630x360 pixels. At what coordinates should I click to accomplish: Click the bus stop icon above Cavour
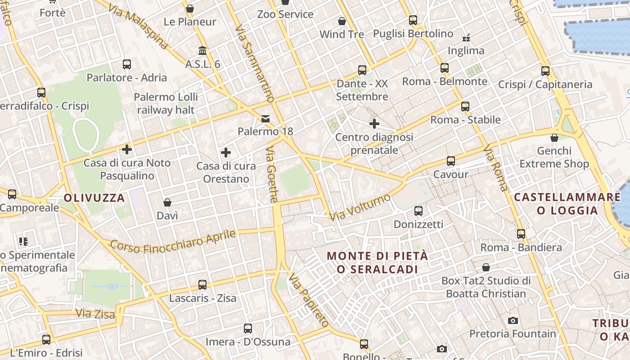point(450,161)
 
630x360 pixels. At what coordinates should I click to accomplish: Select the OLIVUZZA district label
point(94,198)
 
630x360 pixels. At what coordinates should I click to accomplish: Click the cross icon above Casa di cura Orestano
point(226,153)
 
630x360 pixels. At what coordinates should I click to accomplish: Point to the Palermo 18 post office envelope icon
point(265,119)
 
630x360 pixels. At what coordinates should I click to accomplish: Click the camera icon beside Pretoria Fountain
point(513,320)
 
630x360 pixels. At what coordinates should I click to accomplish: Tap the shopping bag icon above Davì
point(167,202)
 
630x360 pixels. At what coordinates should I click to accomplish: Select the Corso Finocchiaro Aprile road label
point(173,242)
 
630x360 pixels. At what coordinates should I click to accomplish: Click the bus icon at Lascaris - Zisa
point(202,285)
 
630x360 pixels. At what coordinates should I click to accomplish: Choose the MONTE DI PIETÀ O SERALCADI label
point(377,262)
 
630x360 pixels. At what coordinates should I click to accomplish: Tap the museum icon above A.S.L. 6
point(202,50)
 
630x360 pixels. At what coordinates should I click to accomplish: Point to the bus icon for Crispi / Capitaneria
point(545,71)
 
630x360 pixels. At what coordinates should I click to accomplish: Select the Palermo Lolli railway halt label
point(166,103)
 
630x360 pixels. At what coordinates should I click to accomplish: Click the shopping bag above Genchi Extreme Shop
point(554,138)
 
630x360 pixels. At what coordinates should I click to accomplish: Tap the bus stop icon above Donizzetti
point(418,211)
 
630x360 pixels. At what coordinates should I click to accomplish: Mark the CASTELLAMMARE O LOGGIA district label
point(567,203)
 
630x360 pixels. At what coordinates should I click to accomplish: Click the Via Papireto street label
point(309,300)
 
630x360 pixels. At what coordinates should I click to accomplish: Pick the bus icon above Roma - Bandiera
point(521,234)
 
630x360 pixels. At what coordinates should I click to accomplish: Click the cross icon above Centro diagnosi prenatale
point(374,123)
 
